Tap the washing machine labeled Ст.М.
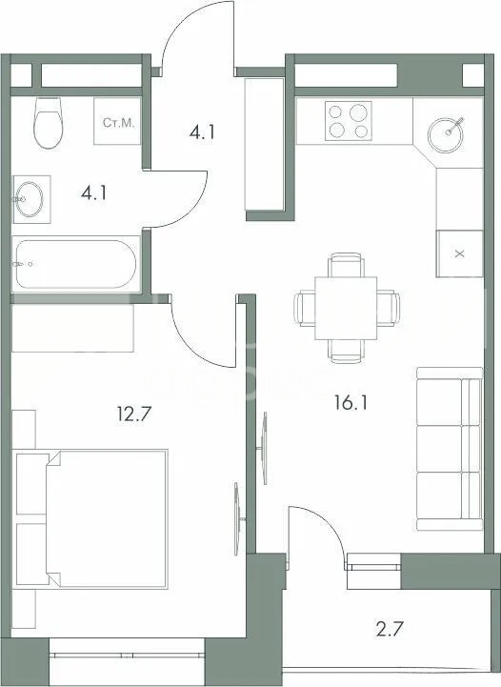coord(117,121)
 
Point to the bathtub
coord(76,264)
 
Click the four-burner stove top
coord(349,121)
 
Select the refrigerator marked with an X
coord(459,253)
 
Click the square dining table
coord(346,309)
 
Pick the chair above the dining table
coord(347,265)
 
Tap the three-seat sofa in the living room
coord(450,449)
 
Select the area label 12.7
coord(134,414)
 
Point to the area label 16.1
coord(351,403)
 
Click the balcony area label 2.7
coord(390,629)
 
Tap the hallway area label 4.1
coord(202,131)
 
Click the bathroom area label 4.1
coord(93,192)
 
